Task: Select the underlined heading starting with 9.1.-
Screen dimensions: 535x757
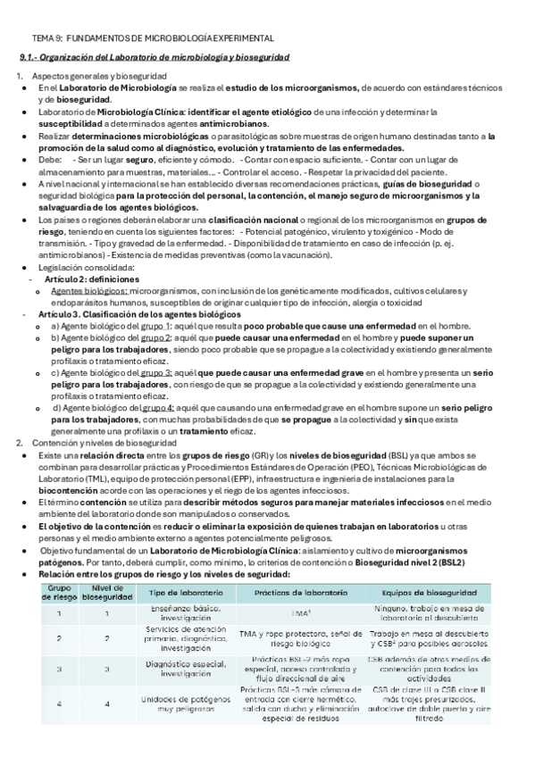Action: coord(155,57)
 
